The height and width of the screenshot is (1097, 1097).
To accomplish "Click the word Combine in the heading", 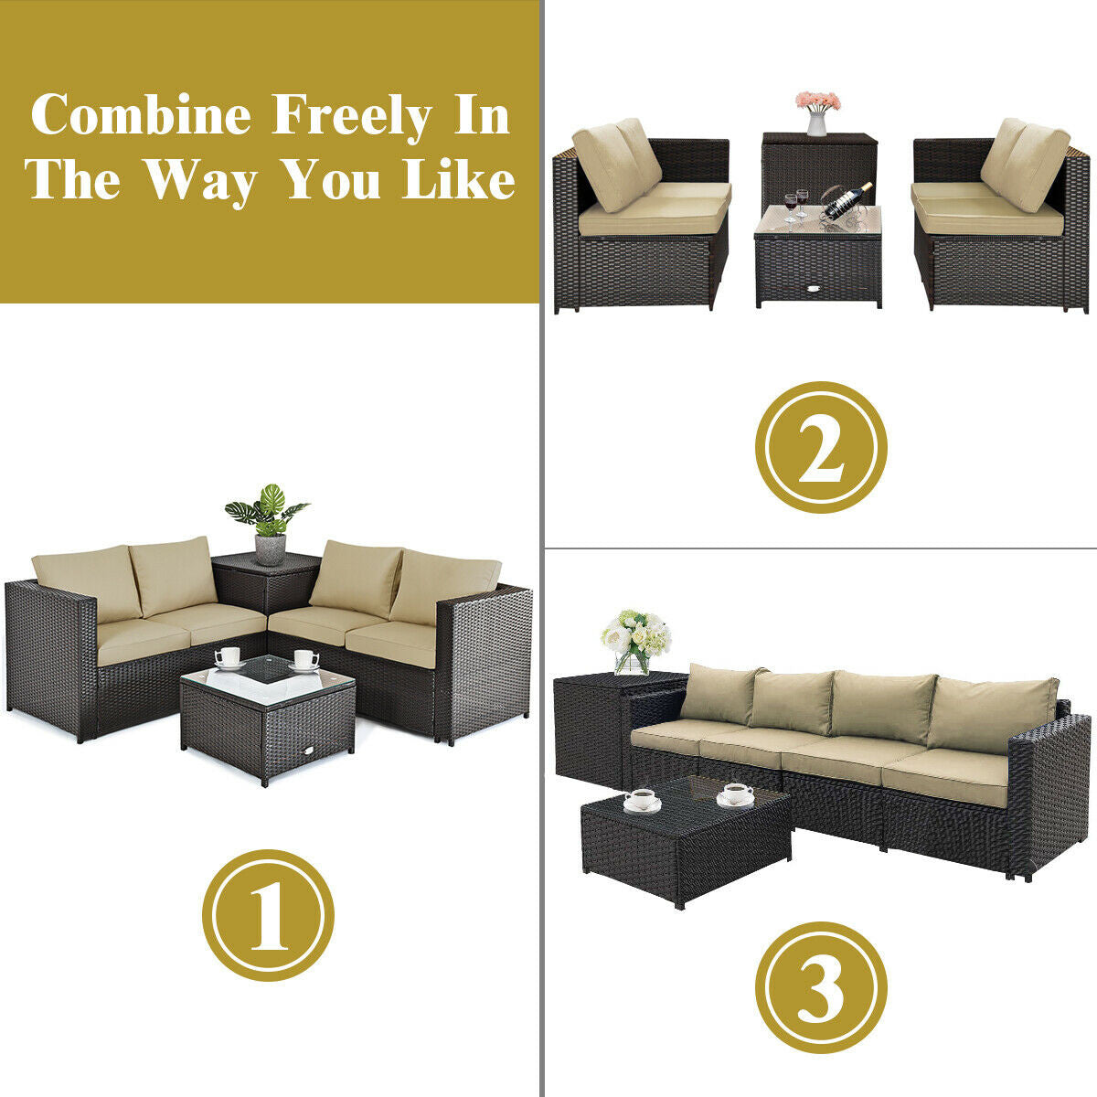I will coord(141,117).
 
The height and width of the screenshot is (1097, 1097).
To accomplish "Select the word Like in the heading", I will coord(459,180).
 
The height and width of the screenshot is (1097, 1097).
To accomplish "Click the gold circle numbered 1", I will coord(268,914).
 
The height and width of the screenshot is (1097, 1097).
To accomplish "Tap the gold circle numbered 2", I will coord(820,447).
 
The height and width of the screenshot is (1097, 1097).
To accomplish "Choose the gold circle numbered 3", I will coord(820,986).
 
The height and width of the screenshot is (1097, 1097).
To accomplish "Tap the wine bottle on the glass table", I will coord(847,199).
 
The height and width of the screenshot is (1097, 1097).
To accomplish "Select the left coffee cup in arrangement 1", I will coord(228,657).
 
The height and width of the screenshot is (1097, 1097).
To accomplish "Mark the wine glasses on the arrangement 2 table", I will coord(795,205).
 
